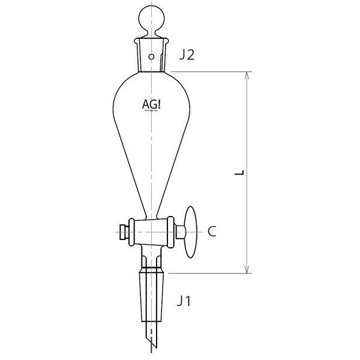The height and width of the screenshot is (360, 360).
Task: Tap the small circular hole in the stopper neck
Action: click(152, 58)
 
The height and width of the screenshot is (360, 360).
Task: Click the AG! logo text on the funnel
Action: click(151, 104)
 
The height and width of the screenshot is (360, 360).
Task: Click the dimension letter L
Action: click(239, 173)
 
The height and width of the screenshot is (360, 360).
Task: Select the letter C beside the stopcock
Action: click(212, 230)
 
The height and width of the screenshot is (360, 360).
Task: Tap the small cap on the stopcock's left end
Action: click(124, 230)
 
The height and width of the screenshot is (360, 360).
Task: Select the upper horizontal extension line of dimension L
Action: click(210, 72)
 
